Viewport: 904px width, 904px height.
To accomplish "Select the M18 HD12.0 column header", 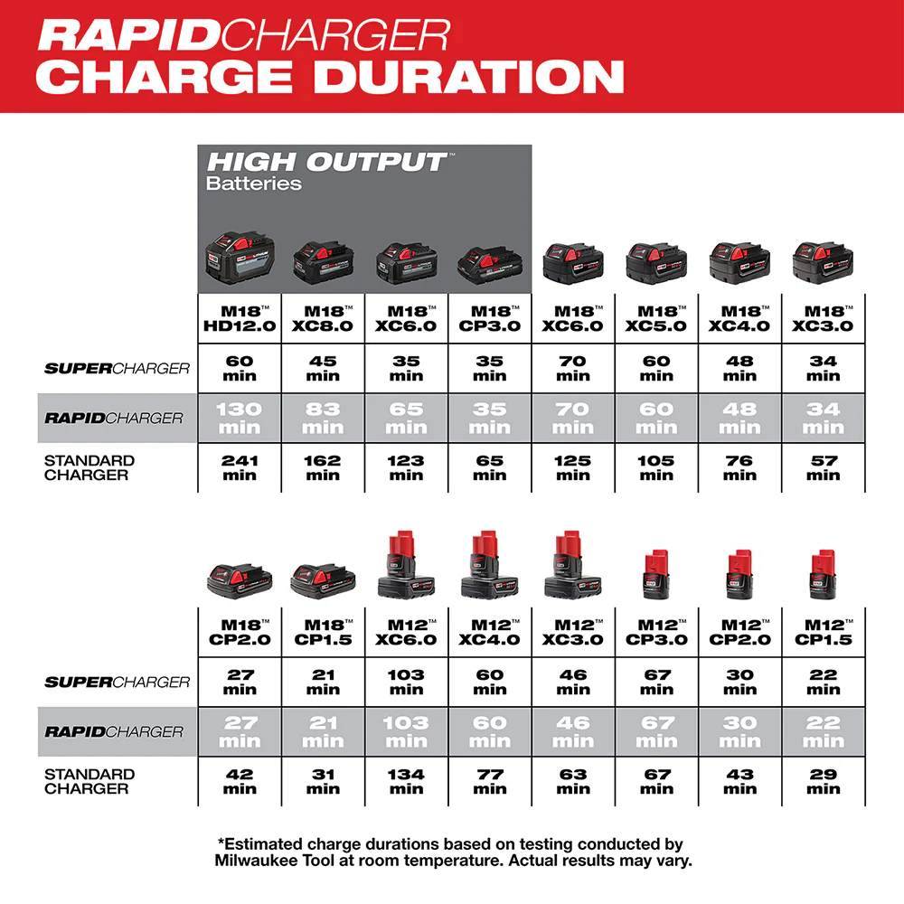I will [240, 317].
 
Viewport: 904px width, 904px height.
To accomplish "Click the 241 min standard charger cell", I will [240, 467].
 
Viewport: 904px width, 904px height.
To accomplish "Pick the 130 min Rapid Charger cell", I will [240, 418].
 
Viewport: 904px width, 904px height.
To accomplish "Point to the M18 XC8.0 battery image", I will [323, 261].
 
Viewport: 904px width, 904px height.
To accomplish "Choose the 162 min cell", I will [323, 467].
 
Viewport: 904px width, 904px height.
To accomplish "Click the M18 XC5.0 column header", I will [656, 317].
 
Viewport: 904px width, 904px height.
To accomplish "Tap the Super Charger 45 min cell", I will [323, 368].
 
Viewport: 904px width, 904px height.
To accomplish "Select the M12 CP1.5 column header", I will [823, 631].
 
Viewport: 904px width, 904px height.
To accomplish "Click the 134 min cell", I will [406, 781].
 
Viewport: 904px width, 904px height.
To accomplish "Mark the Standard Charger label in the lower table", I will [89, 781].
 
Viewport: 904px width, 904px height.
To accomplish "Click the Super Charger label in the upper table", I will [118, 368].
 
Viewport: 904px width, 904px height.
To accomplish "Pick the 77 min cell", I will [489, 781].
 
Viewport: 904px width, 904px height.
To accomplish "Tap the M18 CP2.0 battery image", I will [240, 579].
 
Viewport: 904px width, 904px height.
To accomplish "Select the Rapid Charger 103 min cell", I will [406, 731].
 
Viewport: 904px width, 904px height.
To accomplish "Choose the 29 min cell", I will [823, 781].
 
